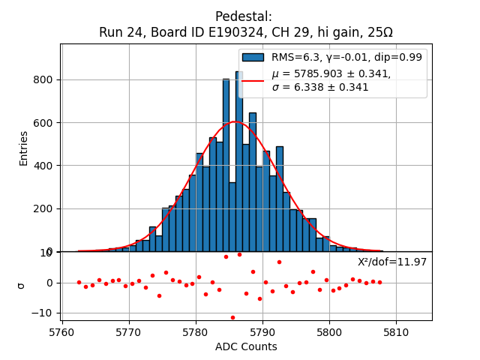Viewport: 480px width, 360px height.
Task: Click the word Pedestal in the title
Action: click(243, 16)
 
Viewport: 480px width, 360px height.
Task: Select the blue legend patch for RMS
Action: click(253, 57)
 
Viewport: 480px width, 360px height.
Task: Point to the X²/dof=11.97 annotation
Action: click(392, 262)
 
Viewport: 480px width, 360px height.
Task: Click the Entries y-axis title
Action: click(23, 148)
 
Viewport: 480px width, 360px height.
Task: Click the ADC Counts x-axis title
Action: click(246, 346)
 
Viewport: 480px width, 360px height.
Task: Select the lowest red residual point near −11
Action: click(232, 317)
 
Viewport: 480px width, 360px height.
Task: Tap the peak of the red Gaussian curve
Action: click(235, 121)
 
